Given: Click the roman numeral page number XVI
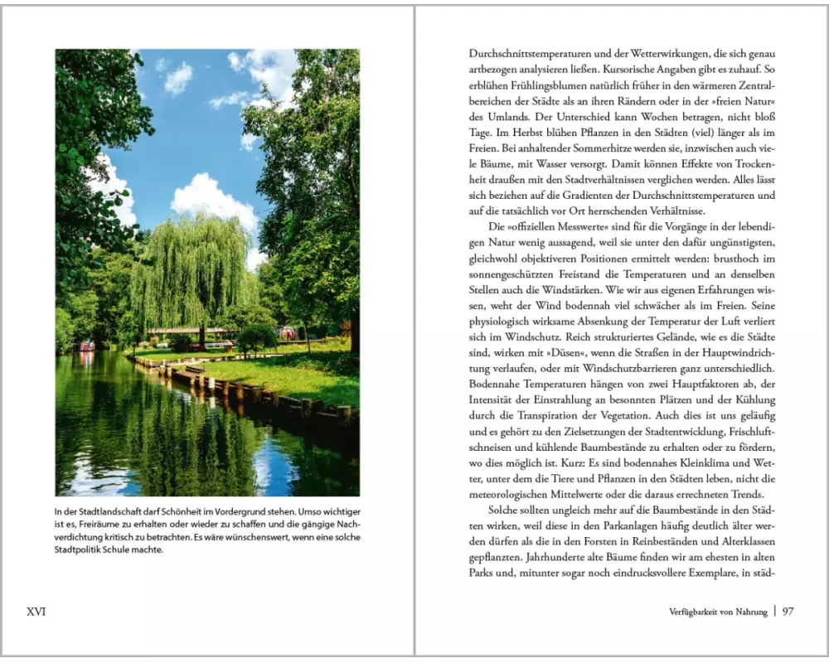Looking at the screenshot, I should tap(36, 612).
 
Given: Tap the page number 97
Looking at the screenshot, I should tap(788, 612).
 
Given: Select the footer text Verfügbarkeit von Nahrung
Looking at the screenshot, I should tap(718, 612).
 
